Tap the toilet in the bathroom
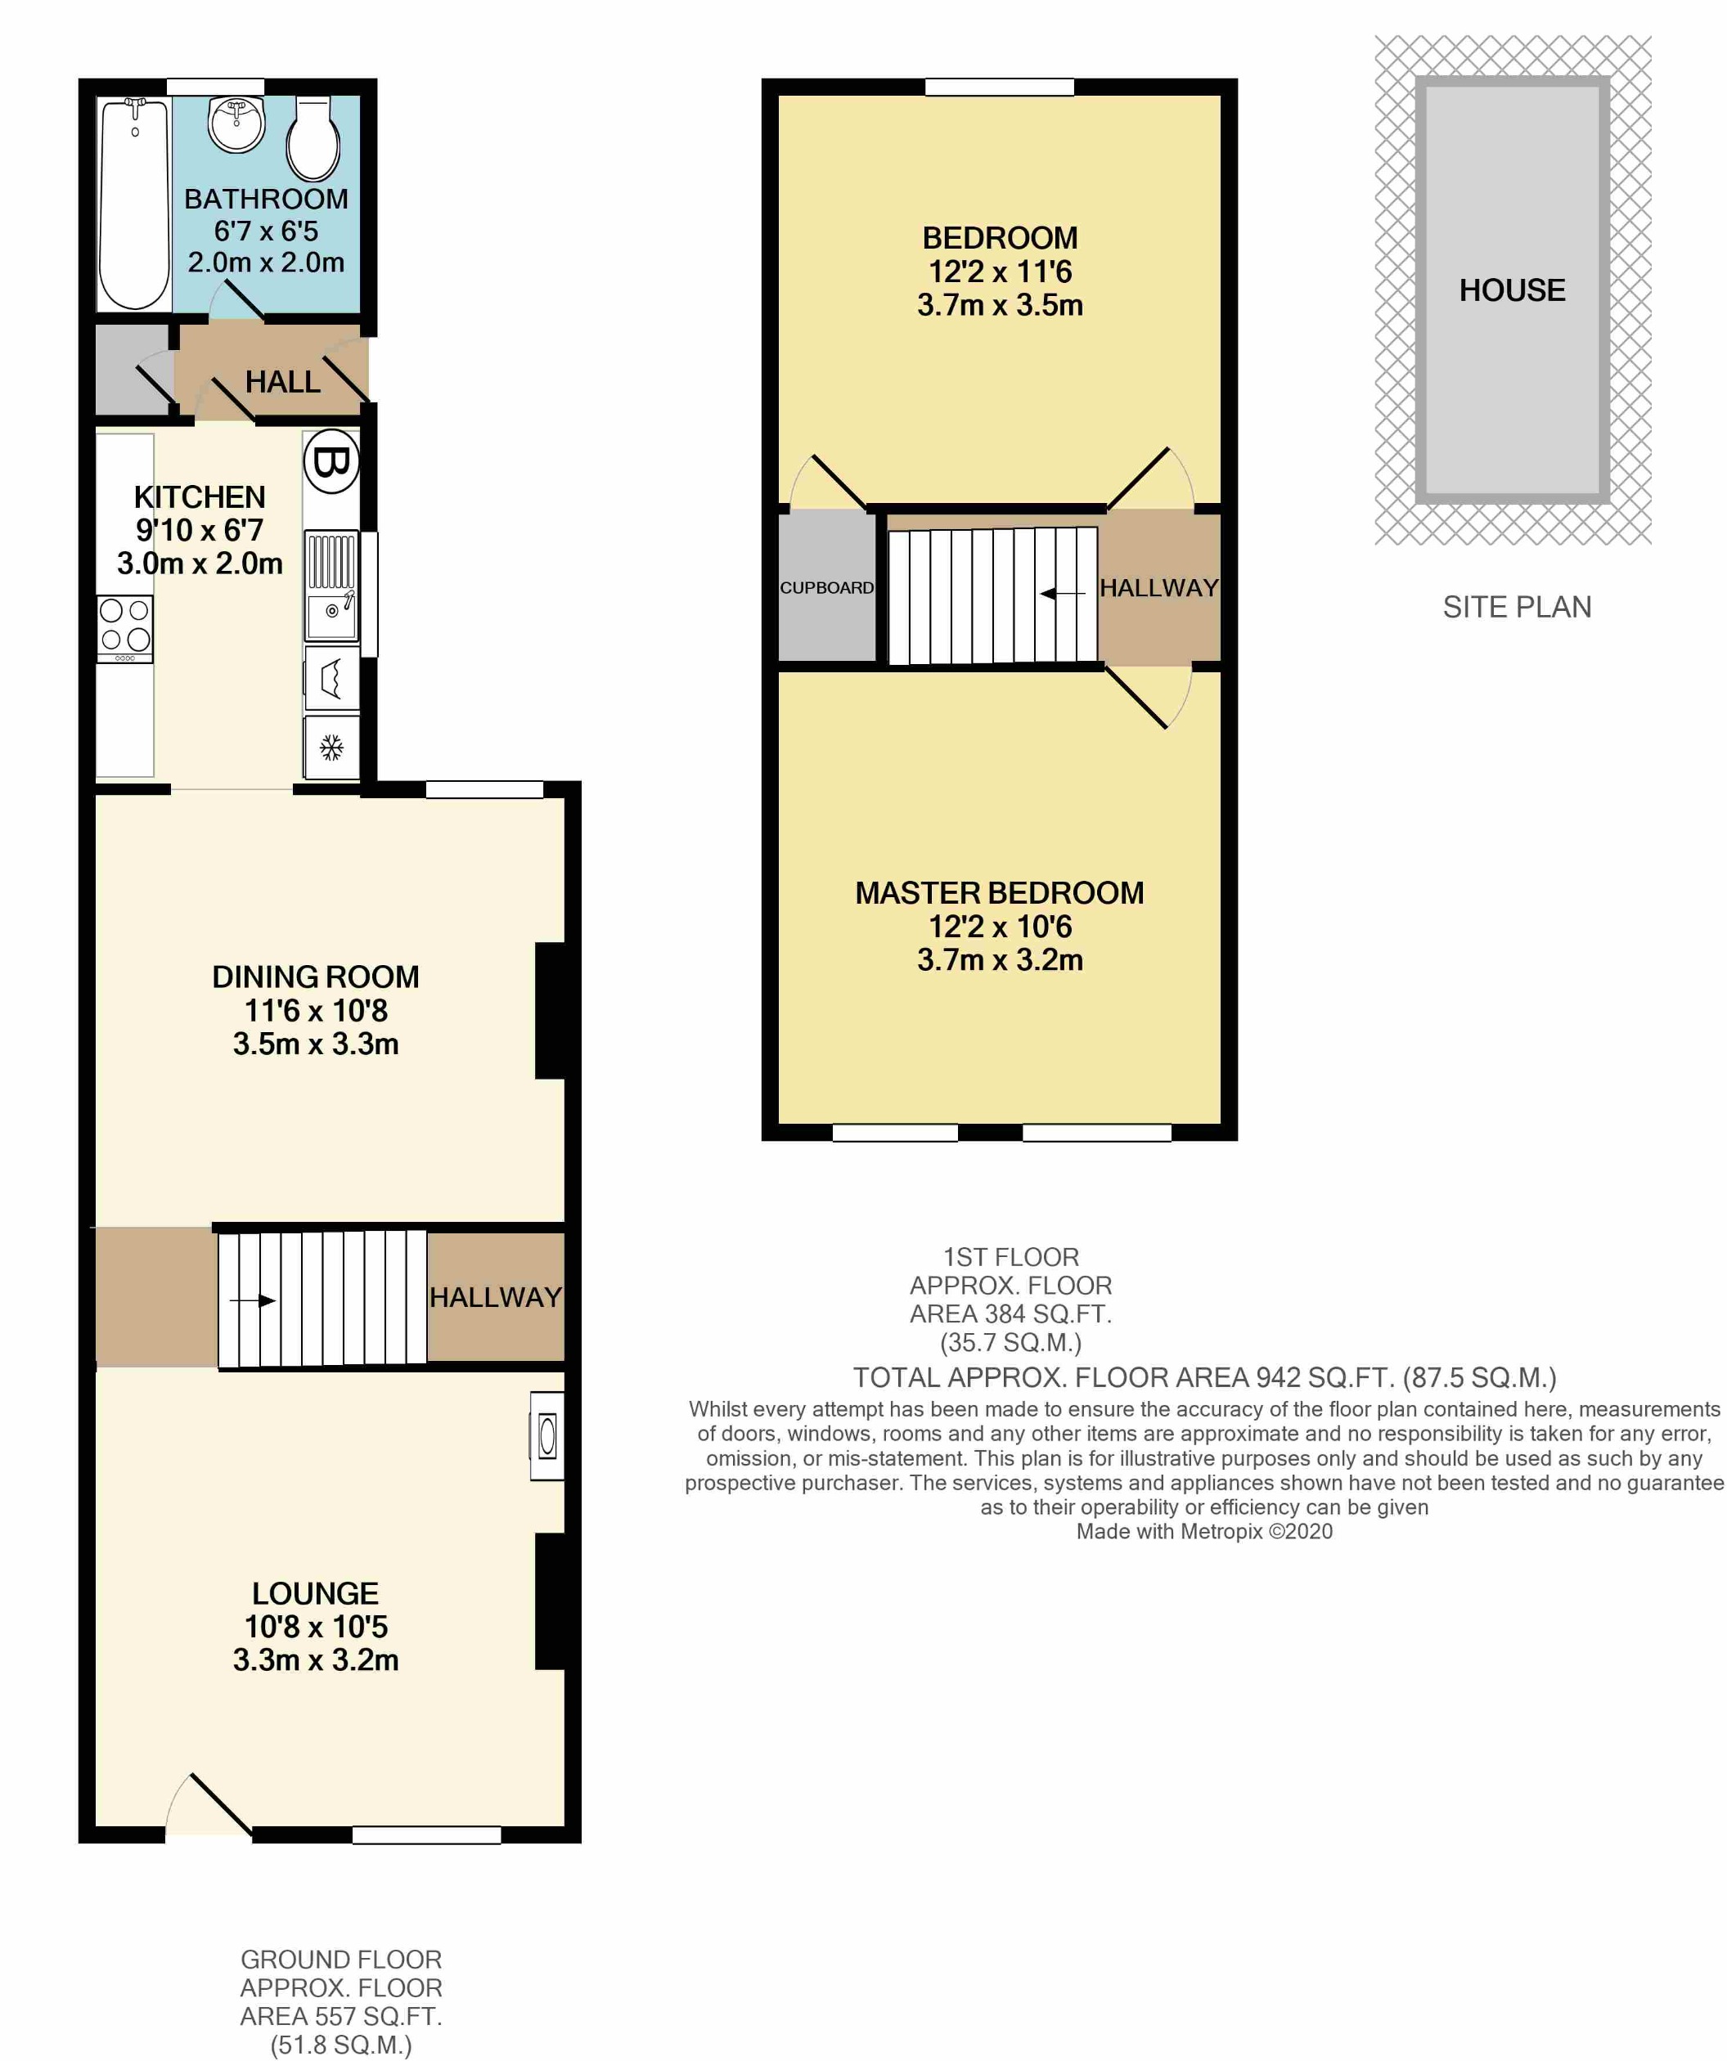click(x=313, y=141)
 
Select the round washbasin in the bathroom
click(x=236, y=123)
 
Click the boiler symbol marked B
click(x=331, y=461)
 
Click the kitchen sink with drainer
click(x=331, y=585)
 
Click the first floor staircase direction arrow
click(x=1063, y=593)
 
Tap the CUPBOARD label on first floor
click(x=826, y=588)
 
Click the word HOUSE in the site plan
click(x=1512, y=290)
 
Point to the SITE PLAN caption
click(x=1517, y=608)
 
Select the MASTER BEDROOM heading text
click(x=1000, y=893)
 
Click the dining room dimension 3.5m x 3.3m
click(x=315, y=1044)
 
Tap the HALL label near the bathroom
click(x=283, y=382)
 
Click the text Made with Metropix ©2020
click(x=1205, y=1532)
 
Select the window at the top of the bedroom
click(x=1000, y=88)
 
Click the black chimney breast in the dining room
click(x=550, y=1011)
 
